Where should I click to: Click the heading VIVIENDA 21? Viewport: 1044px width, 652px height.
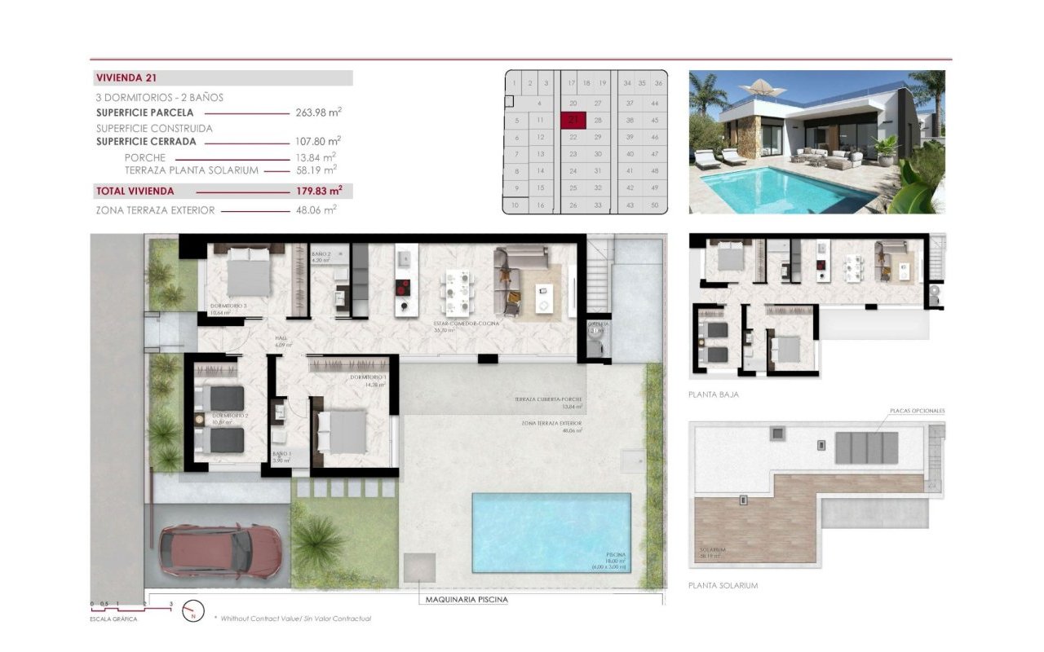(126, 78)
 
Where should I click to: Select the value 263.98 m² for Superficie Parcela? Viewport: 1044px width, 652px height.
(317, 112)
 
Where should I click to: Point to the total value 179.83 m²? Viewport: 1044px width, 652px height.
(318, 191)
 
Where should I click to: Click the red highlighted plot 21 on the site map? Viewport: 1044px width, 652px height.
(573, 120)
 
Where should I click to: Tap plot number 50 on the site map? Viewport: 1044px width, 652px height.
(655, 205)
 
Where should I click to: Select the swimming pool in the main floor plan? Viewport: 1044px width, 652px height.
(551, 531)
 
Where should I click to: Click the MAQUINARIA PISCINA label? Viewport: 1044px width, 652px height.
(467, 600)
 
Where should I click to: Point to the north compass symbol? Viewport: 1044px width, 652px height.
(193, 611)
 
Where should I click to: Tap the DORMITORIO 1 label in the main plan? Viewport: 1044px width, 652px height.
(368, 377)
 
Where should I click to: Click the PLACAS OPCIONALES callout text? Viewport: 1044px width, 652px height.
(917, 411)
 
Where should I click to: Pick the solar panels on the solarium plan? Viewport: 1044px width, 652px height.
(867, 448)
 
